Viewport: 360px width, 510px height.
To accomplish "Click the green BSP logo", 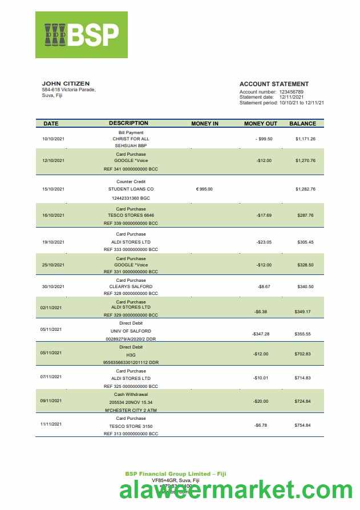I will [82, 35].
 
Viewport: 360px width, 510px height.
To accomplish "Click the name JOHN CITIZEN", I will [66, 84].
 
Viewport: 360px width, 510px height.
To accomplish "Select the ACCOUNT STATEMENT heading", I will [274, 84].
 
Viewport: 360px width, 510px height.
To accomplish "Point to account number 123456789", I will [291, 92].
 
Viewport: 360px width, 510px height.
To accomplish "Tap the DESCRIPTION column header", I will [128, 123].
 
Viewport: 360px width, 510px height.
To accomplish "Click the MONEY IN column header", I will [205, 123].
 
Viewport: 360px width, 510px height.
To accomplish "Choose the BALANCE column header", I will [302, 123].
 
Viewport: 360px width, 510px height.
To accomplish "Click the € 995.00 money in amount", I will [204, 189].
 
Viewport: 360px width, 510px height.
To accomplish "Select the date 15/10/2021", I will [54, 189].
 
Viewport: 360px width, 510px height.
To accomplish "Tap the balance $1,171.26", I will [305, 139].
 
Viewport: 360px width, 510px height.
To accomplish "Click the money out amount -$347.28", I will [261, 334].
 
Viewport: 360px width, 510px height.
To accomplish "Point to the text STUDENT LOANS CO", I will [131, 189].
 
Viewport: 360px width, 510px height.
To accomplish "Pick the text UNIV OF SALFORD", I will [131, 331].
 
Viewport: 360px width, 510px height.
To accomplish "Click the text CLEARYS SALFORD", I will [131, 286].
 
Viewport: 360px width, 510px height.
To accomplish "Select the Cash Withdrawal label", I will [131, 394].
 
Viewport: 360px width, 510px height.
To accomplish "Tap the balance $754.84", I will [303, 426].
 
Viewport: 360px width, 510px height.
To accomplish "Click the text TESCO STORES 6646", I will [131, 215].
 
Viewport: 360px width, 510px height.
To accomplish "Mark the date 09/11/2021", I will [51, 401].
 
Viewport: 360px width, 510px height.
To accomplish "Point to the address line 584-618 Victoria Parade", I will [69, 90].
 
